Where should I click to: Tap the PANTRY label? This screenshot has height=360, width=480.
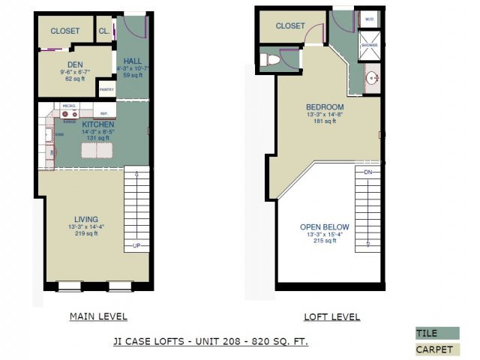106,90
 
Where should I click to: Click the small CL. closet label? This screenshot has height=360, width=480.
103,31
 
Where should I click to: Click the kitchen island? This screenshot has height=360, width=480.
98,149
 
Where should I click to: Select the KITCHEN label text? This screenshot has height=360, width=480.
98,124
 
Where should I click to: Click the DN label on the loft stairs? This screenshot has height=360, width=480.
367,172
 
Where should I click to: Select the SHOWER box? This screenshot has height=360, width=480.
369,44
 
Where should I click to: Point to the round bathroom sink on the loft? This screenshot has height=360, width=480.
373,76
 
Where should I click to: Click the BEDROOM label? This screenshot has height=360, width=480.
324,106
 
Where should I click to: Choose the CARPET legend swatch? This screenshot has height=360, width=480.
435,349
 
